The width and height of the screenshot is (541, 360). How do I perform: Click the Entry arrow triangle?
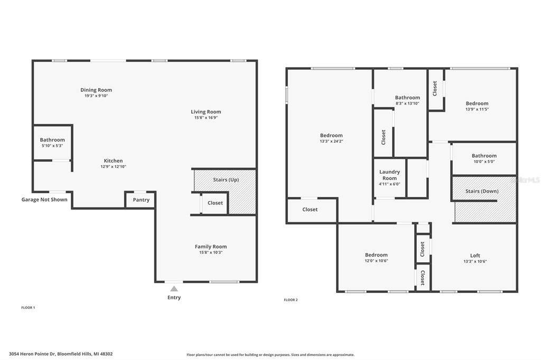coord(174,289)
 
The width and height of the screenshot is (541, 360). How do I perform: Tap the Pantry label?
coord(141,200)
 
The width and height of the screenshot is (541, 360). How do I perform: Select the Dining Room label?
coord(96,90)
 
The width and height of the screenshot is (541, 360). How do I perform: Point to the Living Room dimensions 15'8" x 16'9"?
coord(206,118)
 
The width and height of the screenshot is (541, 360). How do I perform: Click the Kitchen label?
coord(113,160)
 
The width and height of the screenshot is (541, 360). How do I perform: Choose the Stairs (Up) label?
coord(226,179)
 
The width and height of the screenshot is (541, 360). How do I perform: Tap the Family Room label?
coord(211,247)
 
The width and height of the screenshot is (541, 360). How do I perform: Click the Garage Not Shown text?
coord(44,200)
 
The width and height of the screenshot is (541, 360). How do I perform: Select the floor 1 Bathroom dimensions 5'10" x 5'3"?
coord(52,146)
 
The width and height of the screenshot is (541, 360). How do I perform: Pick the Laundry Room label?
coord(389,175)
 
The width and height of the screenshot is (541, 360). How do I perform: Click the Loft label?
coord(475,255)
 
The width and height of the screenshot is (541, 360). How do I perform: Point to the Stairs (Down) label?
coord(482,191)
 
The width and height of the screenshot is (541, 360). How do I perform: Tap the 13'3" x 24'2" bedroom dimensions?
coord(331,141)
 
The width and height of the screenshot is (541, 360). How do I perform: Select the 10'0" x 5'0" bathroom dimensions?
coord(484,162)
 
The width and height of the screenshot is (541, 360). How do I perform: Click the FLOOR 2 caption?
coord(291,300)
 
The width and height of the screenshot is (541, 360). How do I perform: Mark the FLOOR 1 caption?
coord(29,308)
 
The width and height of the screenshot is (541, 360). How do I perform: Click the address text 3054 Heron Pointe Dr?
coord(32,354)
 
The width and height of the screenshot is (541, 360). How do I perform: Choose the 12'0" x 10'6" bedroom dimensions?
coord(376,261)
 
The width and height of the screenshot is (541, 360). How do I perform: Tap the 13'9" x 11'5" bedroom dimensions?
coord(477,109)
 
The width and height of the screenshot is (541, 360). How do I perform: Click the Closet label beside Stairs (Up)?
coord(216,203)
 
